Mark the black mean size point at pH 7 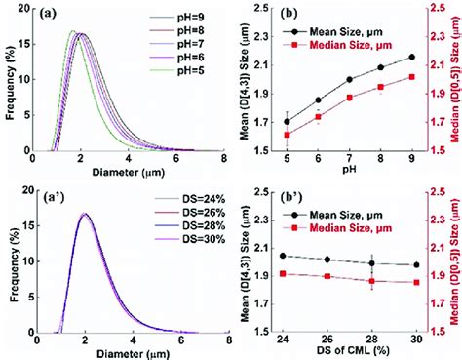tap(349, 80)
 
